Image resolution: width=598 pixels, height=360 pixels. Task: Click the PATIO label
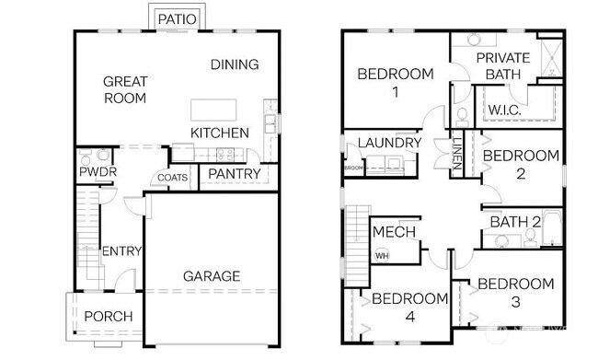click(x=176, y=18)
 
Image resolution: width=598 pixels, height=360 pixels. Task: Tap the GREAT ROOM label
click(x=125, y=89)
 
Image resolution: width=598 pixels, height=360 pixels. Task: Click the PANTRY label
click(x=234, y=173)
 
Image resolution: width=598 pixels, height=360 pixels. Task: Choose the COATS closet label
click(x=173, y=178)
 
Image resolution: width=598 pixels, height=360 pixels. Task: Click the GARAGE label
click(x=212, y=275)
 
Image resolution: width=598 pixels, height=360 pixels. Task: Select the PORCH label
click(x=108, y=317)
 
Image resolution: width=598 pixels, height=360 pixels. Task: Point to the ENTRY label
click(x=121, y=251)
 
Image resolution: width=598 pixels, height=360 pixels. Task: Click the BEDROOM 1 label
click(x=393, y=83)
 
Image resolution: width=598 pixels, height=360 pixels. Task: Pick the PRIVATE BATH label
click(x=504, y=65)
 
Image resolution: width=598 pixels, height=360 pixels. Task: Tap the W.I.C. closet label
click(x=505, y=110)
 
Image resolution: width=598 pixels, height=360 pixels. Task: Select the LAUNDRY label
click(x=389, y=143)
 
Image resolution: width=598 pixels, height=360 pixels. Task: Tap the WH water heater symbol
click(x=381, y=255)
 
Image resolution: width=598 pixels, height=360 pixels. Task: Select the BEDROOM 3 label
click(x=515, y=292)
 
